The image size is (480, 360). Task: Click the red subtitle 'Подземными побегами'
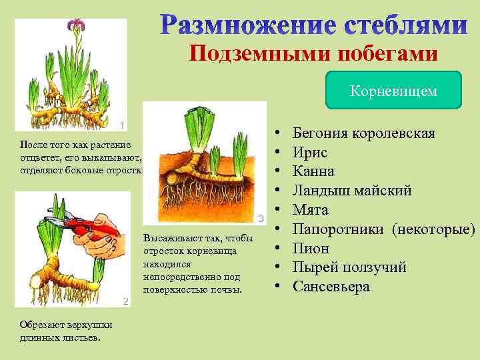click(313, 53)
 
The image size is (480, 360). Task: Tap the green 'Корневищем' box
click(393, 91)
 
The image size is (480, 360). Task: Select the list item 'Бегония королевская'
click(363, 133)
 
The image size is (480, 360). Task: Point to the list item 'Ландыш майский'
click(352, 191)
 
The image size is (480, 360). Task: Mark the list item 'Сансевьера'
click(331, 287)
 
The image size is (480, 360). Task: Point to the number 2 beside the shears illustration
click(125, 301)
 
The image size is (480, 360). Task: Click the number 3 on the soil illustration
click(261, 218)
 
